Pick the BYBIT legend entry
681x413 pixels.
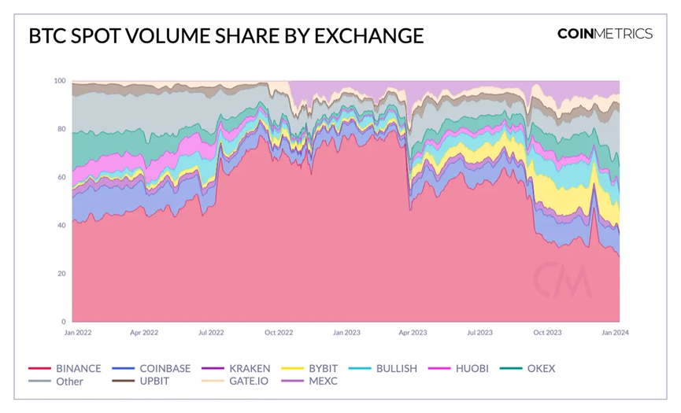click(x=321, y=368)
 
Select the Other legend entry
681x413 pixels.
click(x=69, y=382)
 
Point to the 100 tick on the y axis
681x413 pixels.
click(x=59, y=81)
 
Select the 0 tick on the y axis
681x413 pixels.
click(x=63, y=322)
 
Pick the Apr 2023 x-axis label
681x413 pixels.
click(x=413, y=333)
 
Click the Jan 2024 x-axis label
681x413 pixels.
click(x=616, y=333)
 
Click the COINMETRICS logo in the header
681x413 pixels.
click(x=605, y=34)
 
